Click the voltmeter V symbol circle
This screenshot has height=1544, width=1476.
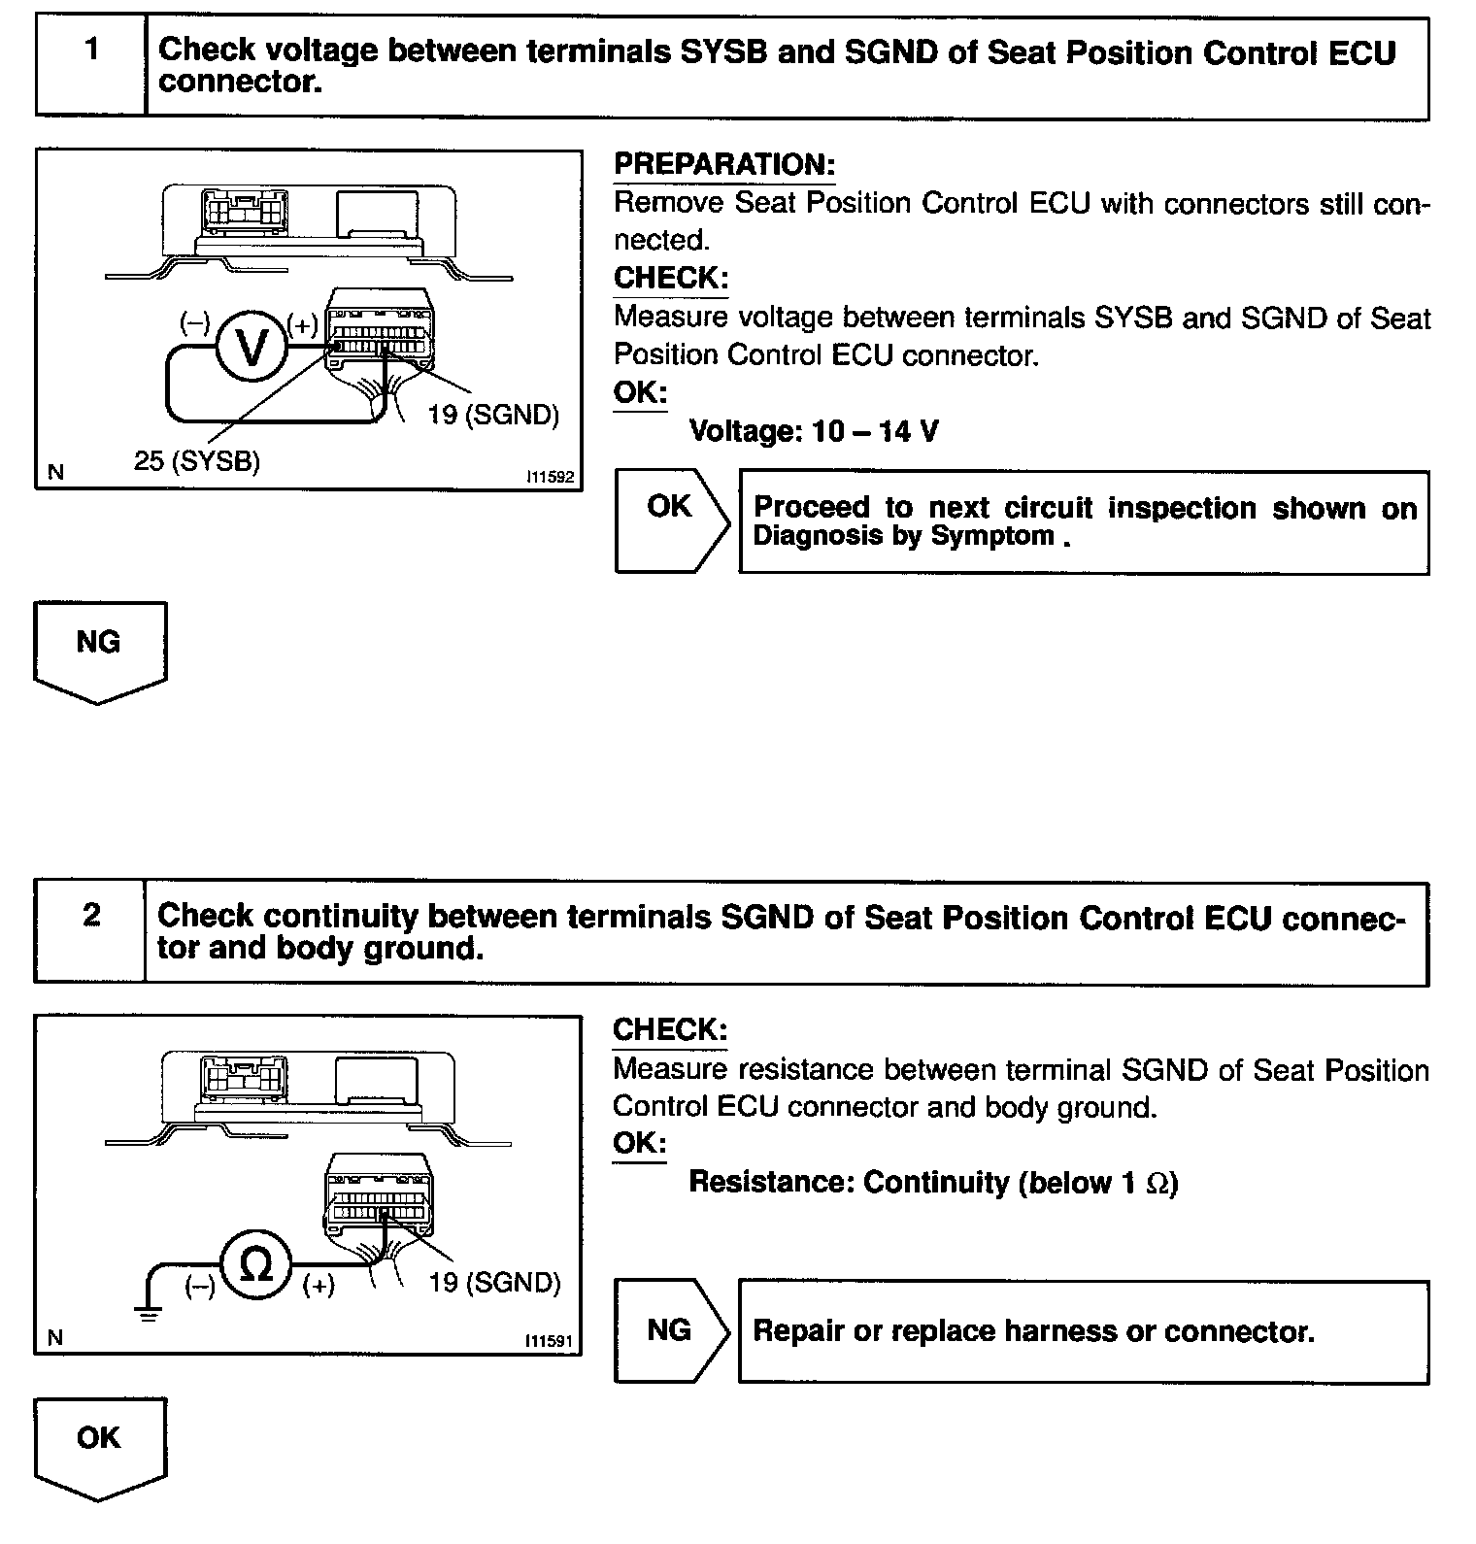tap(252, 347)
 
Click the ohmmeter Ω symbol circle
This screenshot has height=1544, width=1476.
tap(256, 1264)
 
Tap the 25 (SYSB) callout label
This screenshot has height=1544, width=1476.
tap(197, 460)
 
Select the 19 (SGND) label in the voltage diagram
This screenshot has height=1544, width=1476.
tap(493, 415)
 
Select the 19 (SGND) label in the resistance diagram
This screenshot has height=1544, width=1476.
tap(494, 1283)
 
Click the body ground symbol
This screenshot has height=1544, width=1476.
tap(149, 1313)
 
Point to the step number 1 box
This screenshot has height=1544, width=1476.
tap(91, 65)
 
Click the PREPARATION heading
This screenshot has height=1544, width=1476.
tap(723, 165)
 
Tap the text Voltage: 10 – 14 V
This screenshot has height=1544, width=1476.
tap(813, 431)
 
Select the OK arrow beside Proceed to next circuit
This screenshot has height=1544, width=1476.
tap(671, 520)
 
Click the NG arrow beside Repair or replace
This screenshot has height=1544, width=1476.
tap(671, 1329)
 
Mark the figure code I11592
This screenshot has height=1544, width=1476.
tap(550, 477)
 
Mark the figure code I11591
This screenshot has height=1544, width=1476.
tap(549, 1341)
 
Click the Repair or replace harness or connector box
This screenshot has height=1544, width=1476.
tap(1083, 1330)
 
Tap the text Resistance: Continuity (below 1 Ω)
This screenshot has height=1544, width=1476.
tap(932, 1183)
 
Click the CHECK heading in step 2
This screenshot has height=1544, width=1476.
tap(669, 1029)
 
